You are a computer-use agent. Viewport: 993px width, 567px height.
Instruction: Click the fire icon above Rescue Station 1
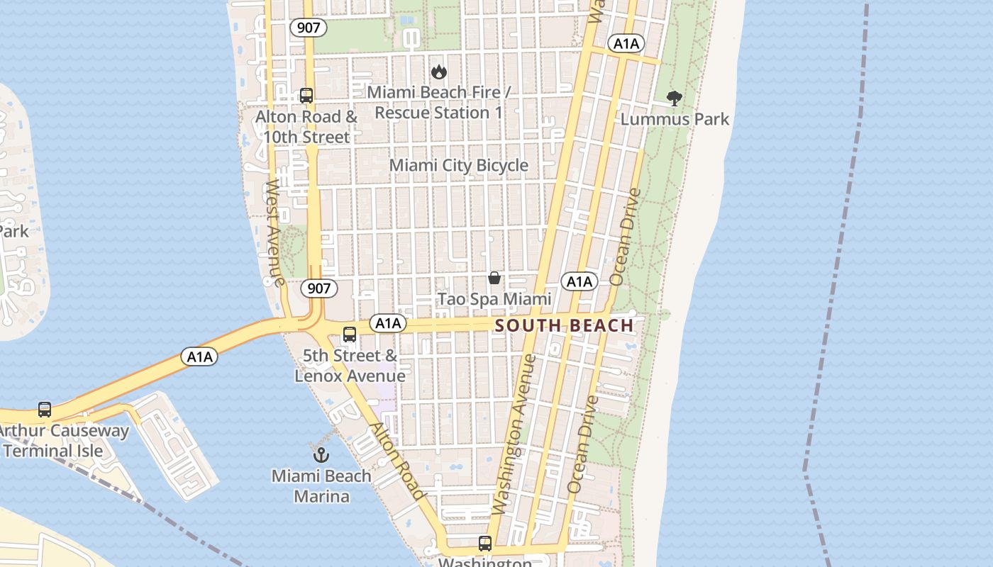click(x=439, y=72)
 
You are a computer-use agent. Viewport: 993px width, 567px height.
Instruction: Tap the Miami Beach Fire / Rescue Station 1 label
click(x=439, y=103)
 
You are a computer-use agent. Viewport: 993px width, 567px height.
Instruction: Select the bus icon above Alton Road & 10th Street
click(x=306, y=95)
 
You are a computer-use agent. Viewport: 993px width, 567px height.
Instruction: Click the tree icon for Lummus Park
click(x=674, y=99)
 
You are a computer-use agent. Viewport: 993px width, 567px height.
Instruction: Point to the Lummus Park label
click(x=675, y=119)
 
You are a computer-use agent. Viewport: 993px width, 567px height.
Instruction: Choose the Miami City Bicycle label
click(x=459, y=165)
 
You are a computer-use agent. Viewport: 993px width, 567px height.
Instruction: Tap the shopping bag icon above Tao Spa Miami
click(x=494, y=278)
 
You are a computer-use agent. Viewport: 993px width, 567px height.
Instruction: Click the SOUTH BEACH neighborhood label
click(x=564, y=325)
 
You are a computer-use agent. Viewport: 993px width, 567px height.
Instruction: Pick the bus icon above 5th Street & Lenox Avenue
click(x=350, y=335)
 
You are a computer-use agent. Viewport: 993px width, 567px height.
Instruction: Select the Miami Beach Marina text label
click(x=321, y=485)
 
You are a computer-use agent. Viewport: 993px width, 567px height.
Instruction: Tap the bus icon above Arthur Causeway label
click(x=45, y=410)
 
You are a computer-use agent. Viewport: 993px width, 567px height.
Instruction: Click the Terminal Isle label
click(x=53, y=451)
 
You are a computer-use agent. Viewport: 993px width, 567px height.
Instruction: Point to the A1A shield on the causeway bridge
click(x=199, y=357)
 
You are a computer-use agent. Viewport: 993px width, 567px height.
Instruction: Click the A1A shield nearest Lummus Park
click(x=626, y=44)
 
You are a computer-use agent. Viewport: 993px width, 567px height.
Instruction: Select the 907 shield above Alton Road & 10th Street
click(x=309, y=28)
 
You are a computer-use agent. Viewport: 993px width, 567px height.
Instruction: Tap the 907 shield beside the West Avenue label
click(x=319, y=288)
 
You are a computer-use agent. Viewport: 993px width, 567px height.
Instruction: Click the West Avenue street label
click(x=274, y=232)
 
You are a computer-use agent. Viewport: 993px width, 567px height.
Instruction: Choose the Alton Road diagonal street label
click(x=398, y=461)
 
